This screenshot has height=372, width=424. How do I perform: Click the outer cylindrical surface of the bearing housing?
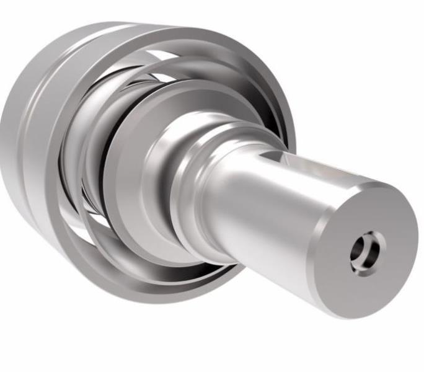pos(25,124)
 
